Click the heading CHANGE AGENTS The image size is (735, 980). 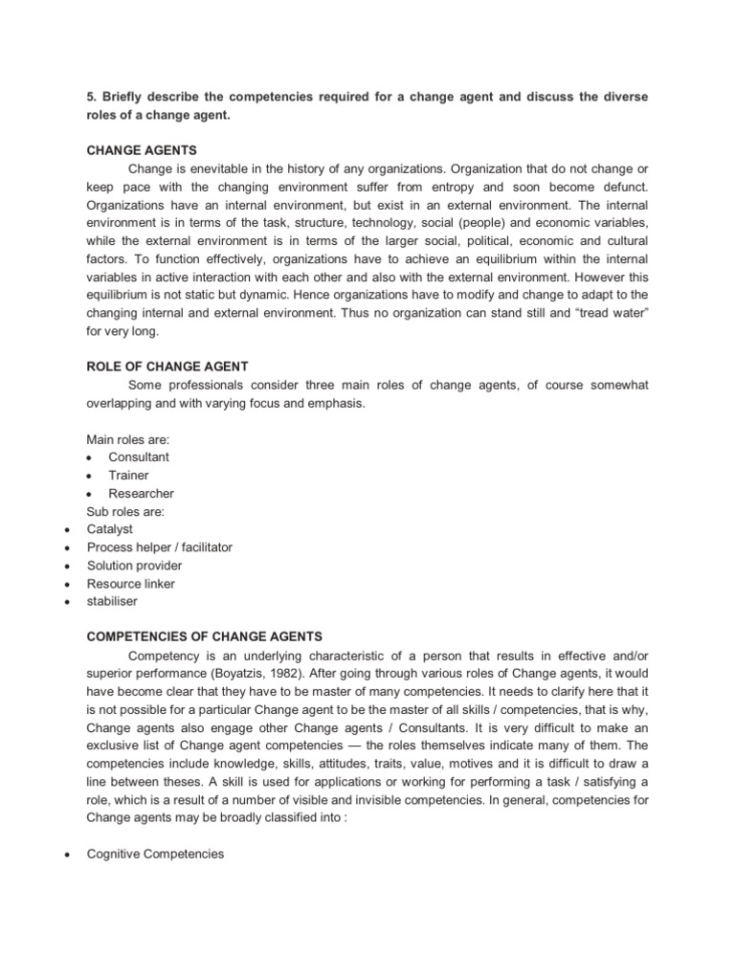[142, 150]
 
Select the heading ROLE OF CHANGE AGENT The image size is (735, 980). [167, 367]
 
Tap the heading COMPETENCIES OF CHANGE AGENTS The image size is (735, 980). [205, 636]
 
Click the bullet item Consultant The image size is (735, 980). [139, 457]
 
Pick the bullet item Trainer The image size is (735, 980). [128, 476]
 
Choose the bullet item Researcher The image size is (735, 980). [141, 494]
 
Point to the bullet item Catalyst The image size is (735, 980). [110, 529]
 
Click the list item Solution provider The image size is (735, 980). [134, 566]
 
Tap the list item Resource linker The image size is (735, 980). [131, 584]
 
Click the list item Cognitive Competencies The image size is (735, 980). [155, 854]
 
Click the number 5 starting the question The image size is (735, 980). [91, 96]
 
